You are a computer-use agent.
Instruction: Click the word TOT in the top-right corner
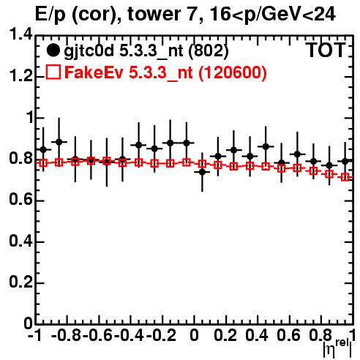click(326, 50)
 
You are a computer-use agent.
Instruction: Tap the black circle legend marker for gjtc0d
click(53, 50)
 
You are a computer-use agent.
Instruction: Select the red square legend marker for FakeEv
click(53, 72)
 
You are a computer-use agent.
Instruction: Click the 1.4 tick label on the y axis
click(20, 34)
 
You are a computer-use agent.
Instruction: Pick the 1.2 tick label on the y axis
click(20, 76)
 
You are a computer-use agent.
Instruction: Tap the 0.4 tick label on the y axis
click(20, 241)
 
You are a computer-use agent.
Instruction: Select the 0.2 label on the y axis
click(20, 282)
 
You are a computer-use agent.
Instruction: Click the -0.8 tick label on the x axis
click(66, 335)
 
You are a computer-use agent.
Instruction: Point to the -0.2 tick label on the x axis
click(161, 335)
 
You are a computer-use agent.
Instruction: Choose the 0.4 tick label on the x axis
click(257, 335)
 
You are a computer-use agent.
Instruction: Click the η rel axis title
click(337, 348)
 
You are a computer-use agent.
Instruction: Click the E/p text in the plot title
click(50, 15)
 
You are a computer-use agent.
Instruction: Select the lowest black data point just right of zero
click(202, 172)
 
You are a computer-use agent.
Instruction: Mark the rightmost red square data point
click(345, 177)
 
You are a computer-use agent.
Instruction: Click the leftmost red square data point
click(43, 163)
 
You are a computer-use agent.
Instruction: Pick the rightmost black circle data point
click(345, 161)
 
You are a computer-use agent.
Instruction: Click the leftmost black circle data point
click(43, 149)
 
